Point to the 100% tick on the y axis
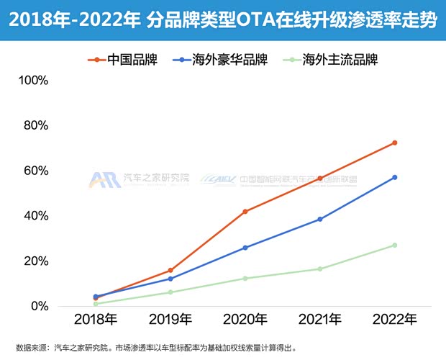coord(32,80)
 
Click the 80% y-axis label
coord(35,125)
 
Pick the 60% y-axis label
coord(35,171)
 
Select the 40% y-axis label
coord(35,216)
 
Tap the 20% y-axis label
coord(35,261)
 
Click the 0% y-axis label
coord(38,307)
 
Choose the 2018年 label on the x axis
coord(96,319)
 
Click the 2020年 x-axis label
coord(245,319)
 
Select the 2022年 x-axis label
coord(394,319)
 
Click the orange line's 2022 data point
coord(394,143)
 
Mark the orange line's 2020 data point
coord(245,212)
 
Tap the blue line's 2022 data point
coord(394,177)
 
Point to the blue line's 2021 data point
coord(319,219)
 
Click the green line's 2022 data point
coord(394,246)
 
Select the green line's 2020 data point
coord(245,279)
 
